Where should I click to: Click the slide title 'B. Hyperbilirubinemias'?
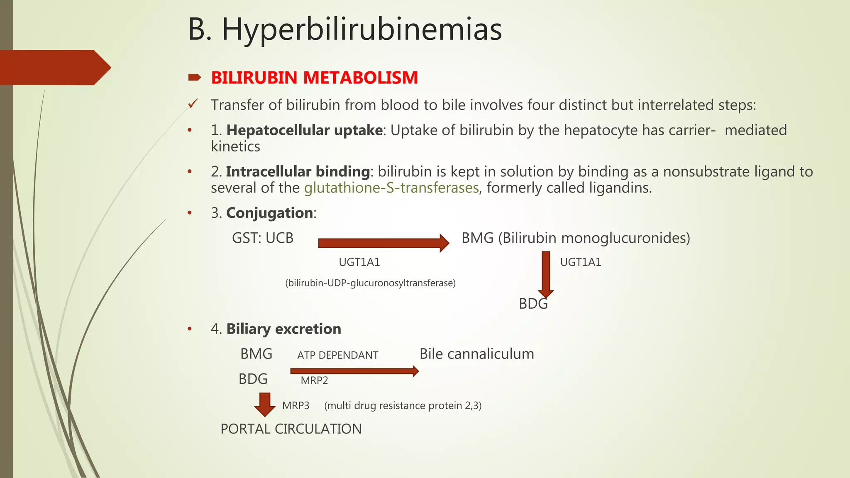pos(344,30)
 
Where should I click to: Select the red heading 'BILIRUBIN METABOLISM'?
pos(314,78)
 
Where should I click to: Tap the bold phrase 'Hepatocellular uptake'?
pos(304,130)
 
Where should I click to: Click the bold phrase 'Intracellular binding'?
pos(298,172)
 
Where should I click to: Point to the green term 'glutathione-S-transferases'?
pos(391,188)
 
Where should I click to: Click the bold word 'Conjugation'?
pos(269,213)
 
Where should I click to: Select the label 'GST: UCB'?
pos(262,238)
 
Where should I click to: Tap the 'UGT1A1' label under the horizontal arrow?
pos(359,262)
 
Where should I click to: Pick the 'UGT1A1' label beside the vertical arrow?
pos(580,262)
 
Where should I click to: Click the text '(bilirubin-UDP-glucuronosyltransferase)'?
pos(370,283)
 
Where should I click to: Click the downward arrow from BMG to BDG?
pos(546,274)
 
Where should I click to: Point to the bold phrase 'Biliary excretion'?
pos(283,329)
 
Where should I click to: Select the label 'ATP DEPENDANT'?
pos(337,355)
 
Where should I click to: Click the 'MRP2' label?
pos(314,380)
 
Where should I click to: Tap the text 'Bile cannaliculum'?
pos(476,354)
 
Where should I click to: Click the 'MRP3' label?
pos(296,405)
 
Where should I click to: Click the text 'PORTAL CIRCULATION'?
pos(291,429)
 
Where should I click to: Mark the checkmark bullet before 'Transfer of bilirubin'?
pos(193,104)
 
